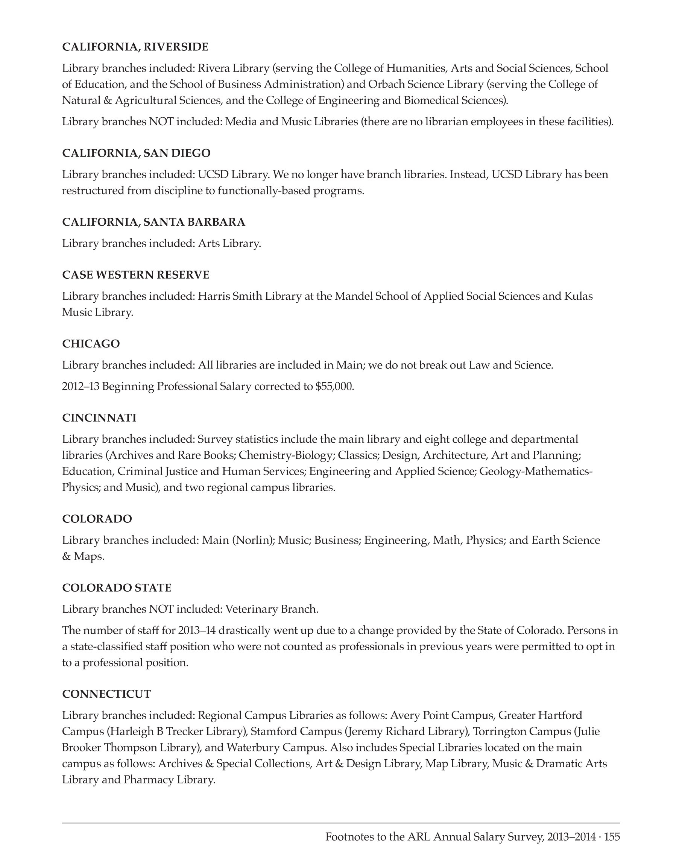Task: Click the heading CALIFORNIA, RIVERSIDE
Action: (x=135, y=47)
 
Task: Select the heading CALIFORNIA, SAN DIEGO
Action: (x=136, y=153)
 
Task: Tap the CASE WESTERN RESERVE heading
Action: (x=136, y=275)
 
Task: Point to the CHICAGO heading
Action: (x=91, y=344)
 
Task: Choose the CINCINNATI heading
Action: (x=99, y=418)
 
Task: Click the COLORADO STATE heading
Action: (x=117, y=588)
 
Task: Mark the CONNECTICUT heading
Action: (x=106, y=694)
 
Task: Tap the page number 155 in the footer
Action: (x=612, y=837)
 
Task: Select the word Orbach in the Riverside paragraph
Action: (x=386, y=84)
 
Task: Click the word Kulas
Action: (x=579, y=296)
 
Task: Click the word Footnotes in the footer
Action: (x=349, y=837)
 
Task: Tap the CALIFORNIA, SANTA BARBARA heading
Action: (x=154, y=222)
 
